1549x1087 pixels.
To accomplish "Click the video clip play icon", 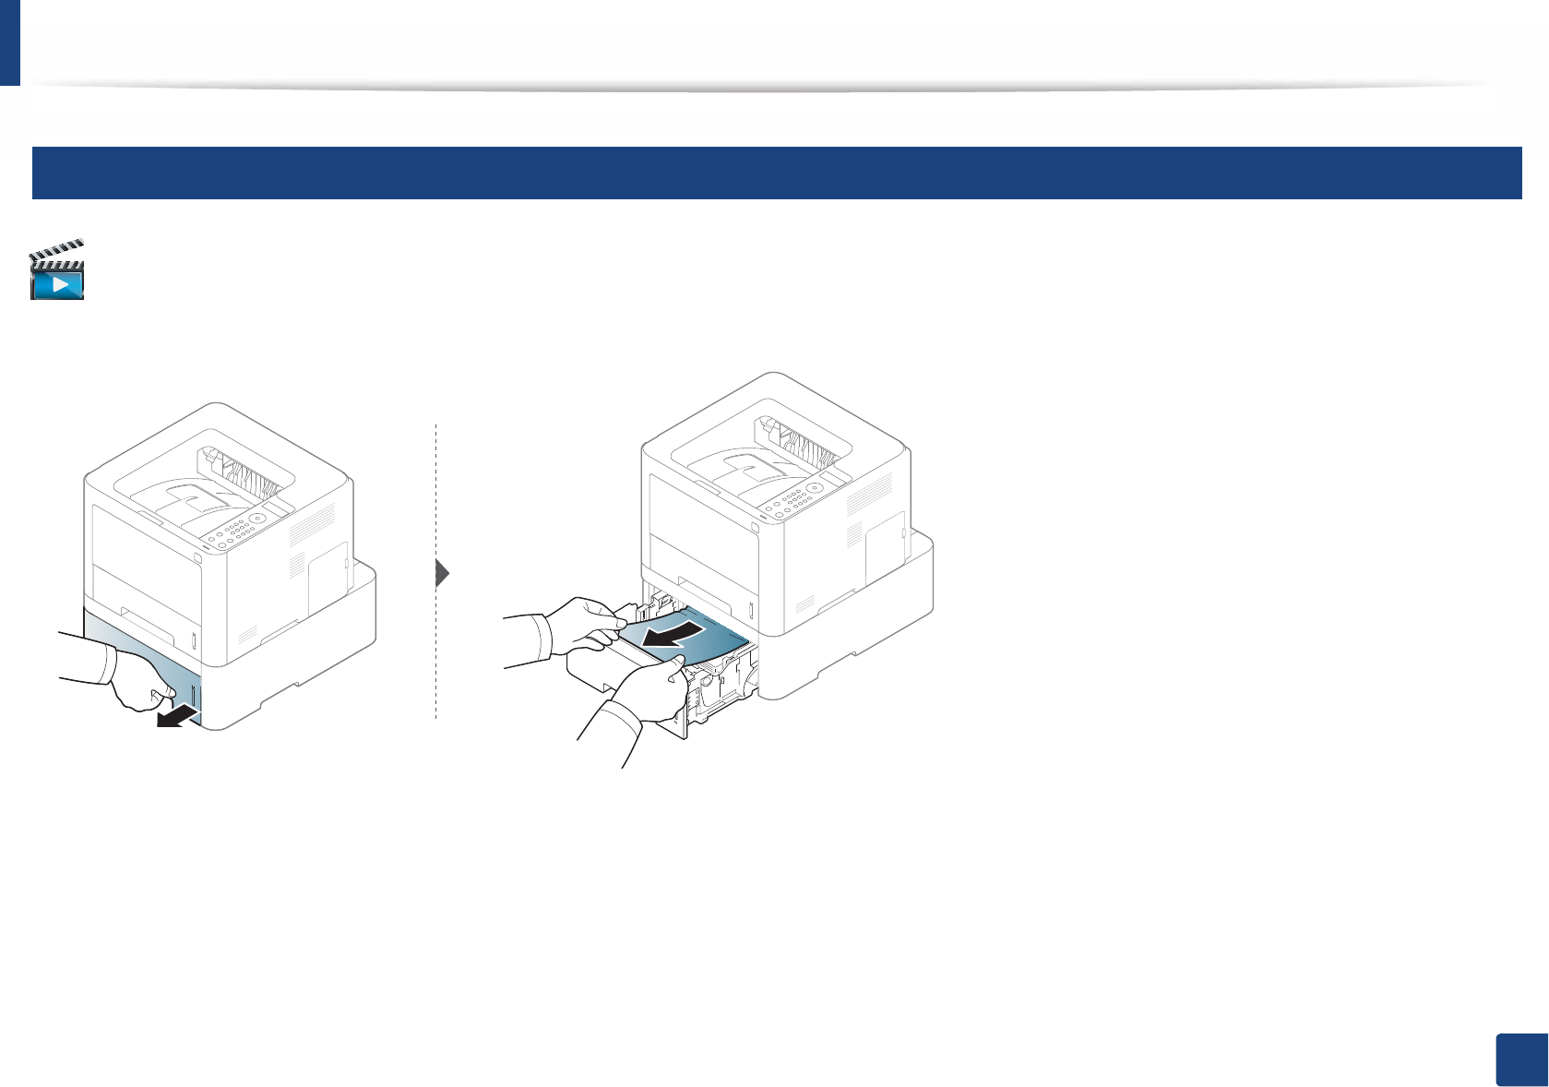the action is (x=57, y=271).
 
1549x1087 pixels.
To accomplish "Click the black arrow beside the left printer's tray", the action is (x=178, y=716).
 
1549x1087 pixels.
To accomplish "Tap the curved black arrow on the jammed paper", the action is (x=679, y=636).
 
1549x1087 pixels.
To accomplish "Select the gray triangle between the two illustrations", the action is (x=442, y=573).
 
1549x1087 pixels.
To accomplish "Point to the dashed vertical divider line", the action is (x=435, y=646).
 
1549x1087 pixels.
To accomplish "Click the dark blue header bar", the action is (x=776, y=173).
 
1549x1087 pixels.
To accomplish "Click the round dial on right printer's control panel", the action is (x=815, y=488).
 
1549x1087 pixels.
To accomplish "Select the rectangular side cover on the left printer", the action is (x=327, y=577).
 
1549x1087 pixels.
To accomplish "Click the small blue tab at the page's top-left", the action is (x=9, y=42).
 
